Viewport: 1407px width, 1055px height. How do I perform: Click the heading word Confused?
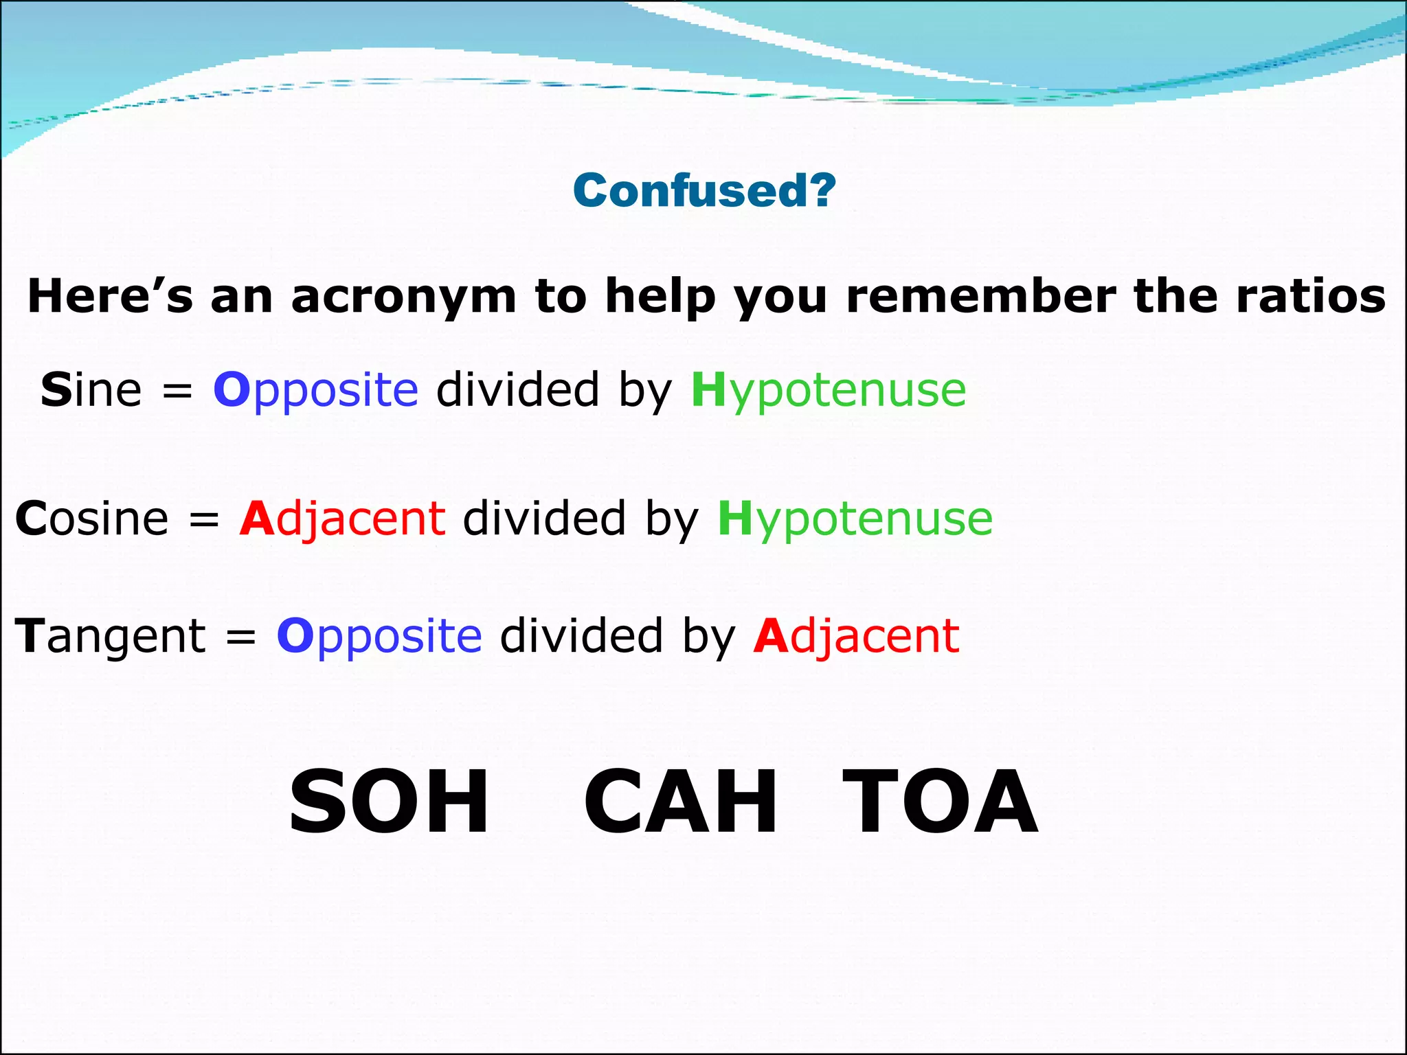(x=704, y=190)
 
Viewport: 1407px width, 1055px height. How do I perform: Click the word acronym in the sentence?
(x=403, y=297)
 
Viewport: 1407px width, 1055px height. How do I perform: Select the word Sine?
(x=91, y=389)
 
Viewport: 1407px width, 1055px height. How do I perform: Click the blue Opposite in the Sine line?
(x=315, y=389)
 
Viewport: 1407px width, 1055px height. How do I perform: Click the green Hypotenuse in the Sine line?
(x=829, y=389)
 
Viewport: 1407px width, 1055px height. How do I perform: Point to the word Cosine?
(x=91, y=518)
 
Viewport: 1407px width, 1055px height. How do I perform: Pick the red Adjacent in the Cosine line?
(x=342, y=518)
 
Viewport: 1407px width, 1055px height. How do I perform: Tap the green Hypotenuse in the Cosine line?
(x=855, y=518)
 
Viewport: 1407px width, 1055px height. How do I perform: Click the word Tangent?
(x=110, y=635)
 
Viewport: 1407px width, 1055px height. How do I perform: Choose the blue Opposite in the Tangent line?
(x=379, y=635)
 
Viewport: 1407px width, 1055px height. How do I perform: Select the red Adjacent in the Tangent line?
(x=856, y=635)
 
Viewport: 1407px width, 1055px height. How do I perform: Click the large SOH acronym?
(x=389, y=802)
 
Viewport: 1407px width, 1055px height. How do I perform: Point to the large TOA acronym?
(x=940, y=802)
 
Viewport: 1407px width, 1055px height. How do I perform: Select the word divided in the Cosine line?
(x=544, y=518)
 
